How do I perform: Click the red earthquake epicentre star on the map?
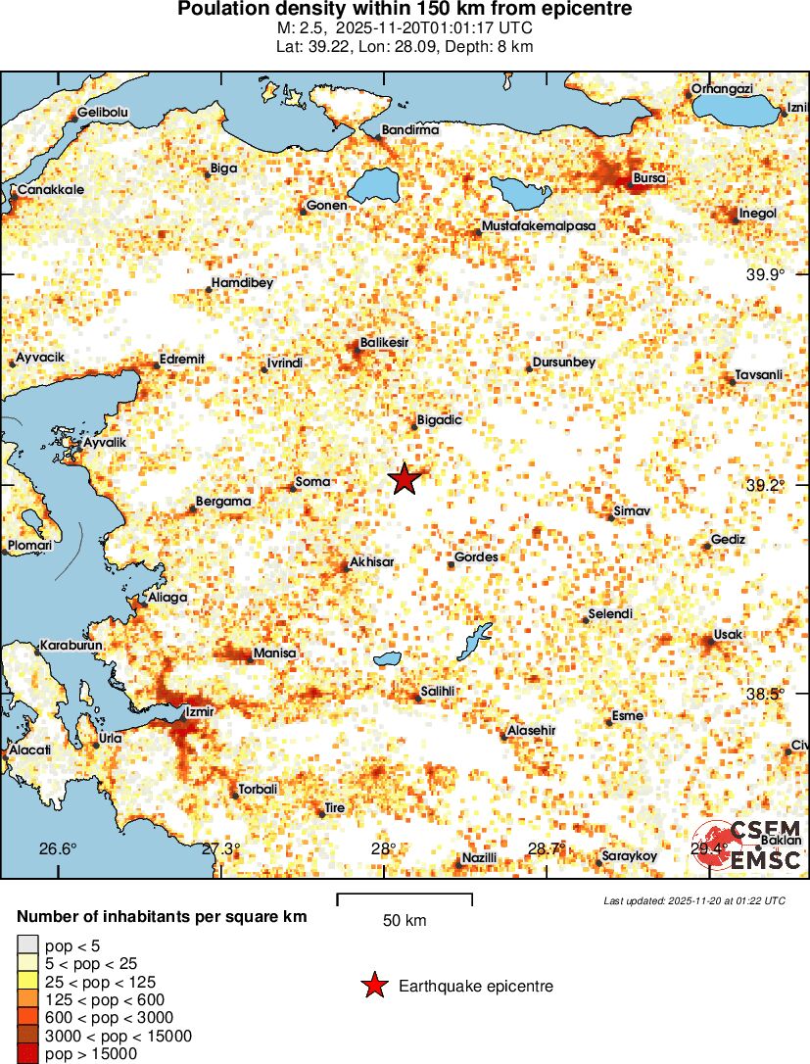click(x=405, y=479)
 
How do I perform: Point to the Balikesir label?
click(x=384, y=343)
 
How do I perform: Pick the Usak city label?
click(x=728, y=635)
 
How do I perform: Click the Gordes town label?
click(x=477, y=557)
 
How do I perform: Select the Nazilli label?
click(x=480, y=858)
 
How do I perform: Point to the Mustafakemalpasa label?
click(x=539, y=226)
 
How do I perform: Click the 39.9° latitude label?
click(x=765, y=274)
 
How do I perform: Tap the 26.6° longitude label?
click(x=58, y=848)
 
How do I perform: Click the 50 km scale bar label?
click(x=405, y=921)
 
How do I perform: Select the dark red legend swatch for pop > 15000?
click(x=26, y=1054)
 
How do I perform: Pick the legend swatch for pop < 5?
click(x=26, y=945)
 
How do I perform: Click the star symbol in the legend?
click(x=373, y=987)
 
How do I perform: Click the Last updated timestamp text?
click(x=693, y=900)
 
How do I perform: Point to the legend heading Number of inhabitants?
click(x=163, y=917)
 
